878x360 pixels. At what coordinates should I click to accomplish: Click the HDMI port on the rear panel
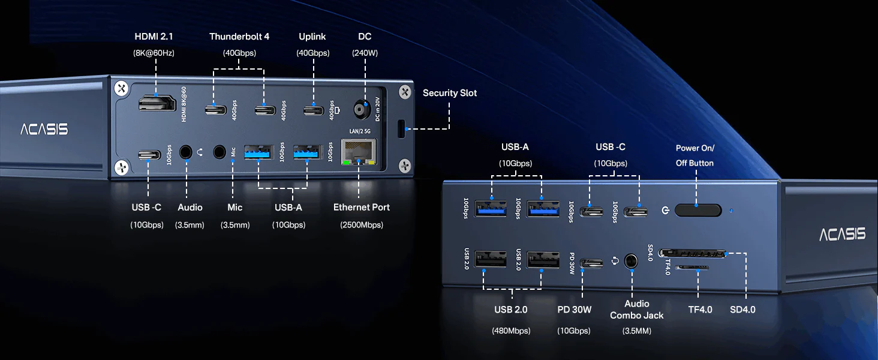(156, 103)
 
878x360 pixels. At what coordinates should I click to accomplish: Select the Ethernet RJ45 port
(359, 152)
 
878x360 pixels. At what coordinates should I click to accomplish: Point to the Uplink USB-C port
(312, 110)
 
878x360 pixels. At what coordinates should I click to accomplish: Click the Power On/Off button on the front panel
(697, 210)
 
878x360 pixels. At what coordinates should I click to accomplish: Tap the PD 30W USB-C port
(592, 263)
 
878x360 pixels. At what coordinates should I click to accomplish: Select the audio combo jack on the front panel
(631, 261)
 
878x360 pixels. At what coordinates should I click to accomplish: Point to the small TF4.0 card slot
(691, 267)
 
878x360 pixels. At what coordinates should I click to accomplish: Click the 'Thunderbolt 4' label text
(239, 37)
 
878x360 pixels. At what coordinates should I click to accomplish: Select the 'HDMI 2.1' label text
(154, 37)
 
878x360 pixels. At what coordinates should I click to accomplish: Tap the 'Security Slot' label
(450, 93)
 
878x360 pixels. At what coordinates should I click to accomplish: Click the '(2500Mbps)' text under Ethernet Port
(361, 225)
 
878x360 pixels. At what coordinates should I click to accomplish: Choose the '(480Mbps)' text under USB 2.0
(511, 331)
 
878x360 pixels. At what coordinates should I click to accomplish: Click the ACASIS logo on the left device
(44, 129)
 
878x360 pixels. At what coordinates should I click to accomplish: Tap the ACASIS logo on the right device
(843, 234)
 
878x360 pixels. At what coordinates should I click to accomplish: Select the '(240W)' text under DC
(365, 53)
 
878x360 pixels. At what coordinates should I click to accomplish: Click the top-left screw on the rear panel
(122, 88)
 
